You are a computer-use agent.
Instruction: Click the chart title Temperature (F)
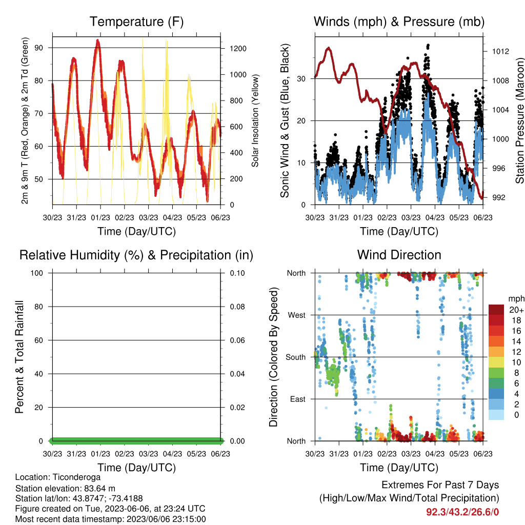click(136, 22)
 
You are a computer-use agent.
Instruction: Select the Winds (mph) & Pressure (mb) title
click(399, 22)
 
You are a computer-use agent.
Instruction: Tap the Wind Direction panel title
click(399, 255)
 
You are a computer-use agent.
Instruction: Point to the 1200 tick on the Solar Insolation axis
click(238, 49)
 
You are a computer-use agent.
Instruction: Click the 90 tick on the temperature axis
click(39, 48)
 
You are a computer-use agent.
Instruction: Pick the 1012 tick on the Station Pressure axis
click(500, 51)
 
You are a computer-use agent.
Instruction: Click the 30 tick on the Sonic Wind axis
click(301, 78)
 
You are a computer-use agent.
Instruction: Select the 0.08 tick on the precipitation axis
click(237, 307)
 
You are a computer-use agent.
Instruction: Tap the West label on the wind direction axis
click(297, 315)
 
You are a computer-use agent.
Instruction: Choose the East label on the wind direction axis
click(298, 399)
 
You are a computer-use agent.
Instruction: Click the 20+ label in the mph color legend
click(516, 310)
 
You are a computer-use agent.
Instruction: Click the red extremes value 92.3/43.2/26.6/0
click(462, 512)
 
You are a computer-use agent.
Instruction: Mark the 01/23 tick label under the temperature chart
click(100, 217)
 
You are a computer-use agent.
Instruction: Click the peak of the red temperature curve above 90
click(98, 40)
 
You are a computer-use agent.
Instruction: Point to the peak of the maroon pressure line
click(329, 48)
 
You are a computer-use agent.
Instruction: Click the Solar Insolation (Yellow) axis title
click(255, 120)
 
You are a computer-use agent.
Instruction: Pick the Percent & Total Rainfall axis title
click(19, 357)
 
